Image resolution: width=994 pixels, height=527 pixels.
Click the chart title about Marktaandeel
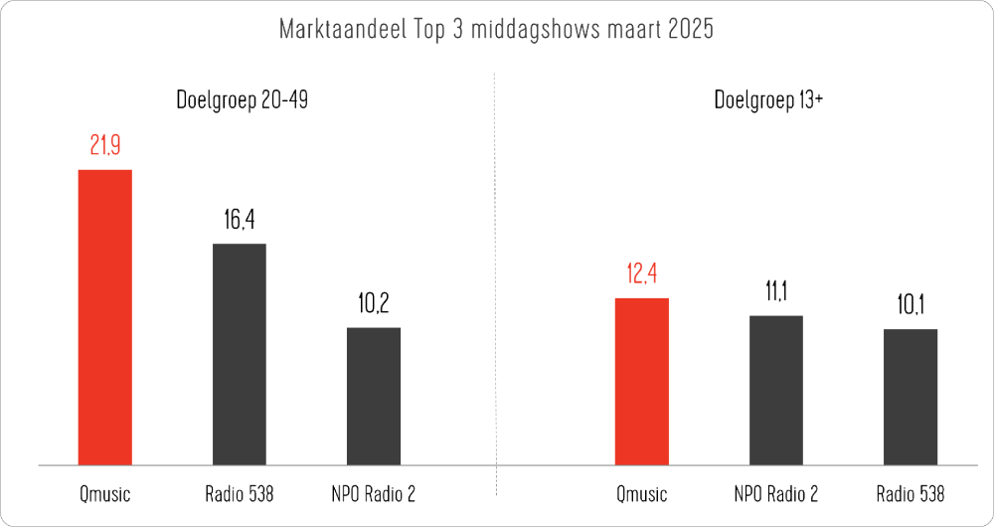tap(497, 30)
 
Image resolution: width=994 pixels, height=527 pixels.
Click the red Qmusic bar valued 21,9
tap(104, 317)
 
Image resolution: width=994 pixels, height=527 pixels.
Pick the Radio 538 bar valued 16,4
tap(239, 354)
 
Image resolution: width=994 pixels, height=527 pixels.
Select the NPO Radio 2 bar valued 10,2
tap(373, 396)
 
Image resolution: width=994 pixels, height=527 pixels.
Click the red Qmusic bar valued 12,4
tap(642, 381)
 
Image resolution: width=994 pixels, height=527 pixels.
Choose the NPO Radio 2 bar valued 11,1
tap(776, 390)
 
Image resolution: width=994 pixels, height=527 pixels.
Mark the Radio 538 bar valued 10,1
tap(911, 397)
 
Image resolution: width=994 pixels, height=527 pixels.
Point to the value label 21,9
tap(104, 147)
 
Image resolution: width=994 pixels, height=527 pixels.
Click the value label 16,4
tap(239, 221)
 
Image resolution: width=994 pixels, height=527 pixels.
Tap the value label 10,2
tap(373, 304)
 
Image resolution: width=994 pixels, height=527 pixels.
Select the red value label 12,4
tap(642, 274)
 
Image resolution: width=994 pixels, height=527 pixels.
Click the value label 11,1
tap(776, 292)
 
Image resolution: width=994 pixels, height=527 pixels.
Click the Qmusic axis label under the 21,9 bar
tap(104, 494)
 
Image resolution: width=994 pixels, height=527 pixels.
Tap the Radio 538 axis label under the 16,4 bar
tap(239, 494)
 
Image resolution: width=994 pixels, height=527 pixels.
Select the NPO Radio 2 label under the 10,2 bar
tap(373, 494)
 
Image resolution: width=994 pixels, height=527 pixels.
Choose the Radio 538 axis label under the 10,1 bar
tap(911, 494)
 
